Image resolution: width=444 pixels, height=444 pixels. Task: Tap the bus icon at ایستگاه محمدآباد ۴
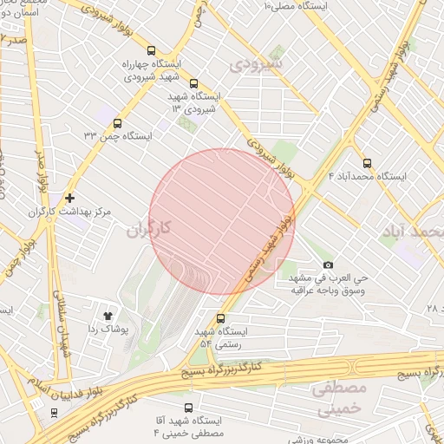pyautogui.click(x=367, y=162)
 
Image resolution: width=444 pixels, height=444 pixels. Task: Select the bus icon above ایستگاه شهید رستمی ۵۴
pyautogui.click(x=221, y=317)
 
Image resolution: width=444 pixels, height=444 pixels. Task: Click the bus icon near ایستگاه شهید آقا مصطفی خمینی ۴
pyautogui.click(x=187, y=406)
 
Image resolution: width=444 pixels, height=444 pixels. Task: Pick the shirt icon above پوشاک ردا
pyautogui.click(x=108, y=316)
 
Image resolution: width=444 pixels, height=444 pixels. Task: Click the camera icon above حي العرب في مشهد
pyautogui.click(x=328, y=264)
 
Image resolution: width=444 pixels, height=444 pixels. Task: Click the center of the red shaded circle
pyautogui.click(x=222, y=221)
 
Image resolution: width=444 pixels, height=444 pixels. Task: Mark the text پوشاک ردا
pyautogui.click(x=108, y=330)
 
